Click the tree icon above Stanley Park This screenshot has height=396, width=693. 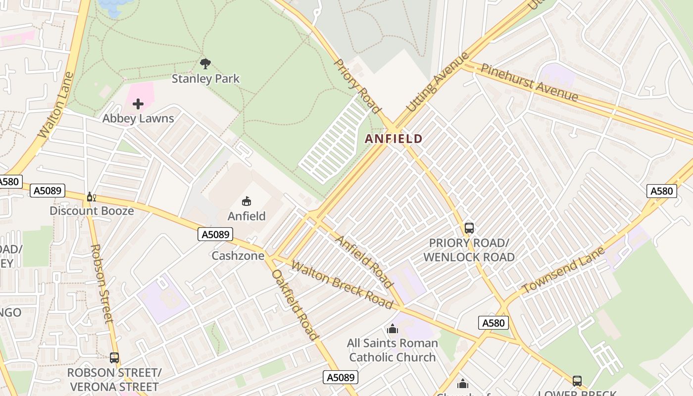click(205, 63)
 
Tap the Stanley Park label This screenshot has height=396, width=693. click(205, 79)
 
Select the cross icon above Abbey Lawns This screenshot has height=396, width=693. click(138, 104)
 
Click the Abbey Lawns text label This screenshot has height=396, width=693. click(138, 119)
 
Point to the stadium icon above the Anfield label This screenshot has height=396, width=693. click(247, 201)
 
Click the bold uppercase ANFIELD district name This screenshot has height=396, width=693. click(394, 139)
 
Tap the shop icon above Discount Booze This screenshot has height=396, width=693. click(91, 197)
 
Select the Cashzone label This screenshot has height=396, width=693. click(238, 256)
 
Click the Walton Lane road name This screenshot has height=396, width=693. click(56, 105)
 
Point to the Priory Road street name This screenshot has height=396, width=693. click(357, 87)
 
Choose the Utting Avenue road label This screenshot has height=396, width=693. click(437, 82)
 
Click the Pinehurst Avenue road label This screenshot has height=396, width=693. click(529, 82)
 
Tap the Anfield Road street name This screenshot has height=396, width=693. click(364, 261)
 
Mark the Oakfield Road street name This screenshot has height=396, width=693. click(295, 304)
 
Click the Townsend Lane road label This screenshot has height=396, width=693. click(563, 270)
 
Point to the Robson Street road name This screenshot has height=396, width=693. click(102, 284)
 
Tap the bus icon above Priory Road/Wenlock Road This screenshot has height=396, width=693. click(469, 228)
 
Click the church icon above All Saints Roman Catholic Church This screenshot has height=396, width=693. click(393, 329)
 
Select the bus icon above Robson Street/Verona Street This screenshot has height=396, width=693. click(114, 358)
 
